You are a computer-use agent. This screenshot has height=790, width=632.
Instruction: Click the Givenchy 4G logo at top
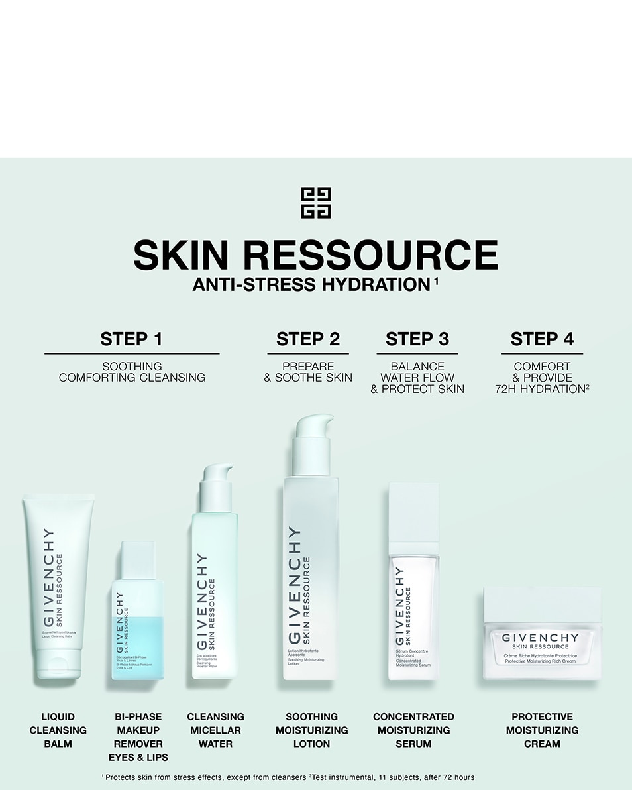[x=315, y=203]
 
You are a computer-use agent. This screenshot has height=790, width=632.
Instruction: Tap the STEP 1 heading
[x=131, y=339]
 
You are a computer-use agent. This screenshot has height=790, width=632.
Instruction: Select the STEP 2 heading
[x=308, y=339]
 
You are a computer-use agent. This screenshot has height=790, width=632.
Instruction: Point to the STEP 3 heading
[x=417, y=339]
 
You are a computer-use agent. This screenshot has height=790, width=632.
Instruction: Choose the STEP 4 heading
[x=542, y=339]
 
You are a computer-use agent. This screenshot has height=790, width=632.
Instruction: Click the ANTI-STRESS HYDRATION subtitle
[x=311, y=285]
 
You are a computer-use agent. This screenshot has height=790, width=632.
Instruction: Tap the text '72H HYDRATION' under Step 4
[x=539, y=389]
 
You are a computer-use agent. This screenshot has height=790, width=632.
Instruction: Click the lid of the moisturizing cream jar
[x=542, y=604]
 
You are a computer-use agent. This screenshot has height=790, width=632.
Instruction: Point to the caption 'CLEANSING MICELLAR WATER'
[x=215, y=730]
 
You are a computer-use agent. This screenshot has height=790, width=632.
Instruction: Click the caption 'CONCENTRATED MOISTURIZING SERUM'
[x=413, y=730]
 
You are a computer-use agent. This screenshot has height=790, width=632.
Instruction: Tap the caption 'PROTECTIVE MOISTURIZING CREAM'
[x=542, y=730]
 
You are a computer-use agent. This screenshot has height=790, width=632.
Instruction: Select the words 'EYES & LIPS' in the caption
[x=138, y=757]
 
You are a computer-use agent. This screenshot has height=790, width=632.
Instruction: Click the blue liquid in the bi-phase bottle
[x=138, y=646]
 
